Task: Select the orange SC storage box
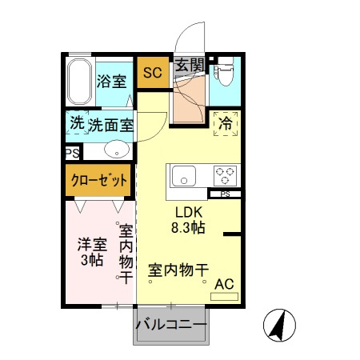152,73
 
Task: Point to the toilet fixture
223,74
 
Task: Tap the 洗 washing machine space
76,124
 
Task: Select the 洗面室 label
110,125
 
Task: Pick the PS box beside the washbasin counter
72,151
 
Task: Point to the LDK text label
190,212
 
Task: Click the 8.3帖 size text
190,227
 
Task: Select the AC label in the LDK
225,283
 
